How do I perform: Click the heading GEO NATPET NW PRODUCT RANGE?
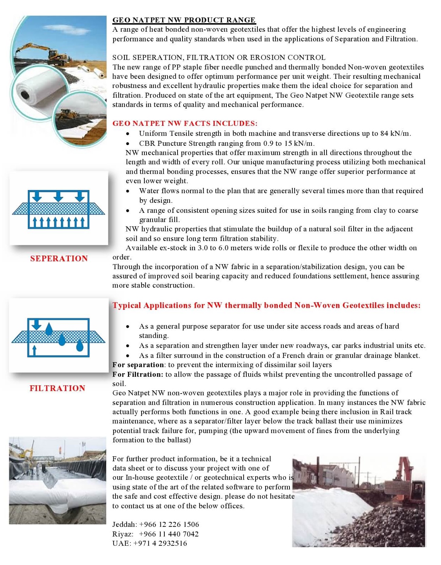point(184,20)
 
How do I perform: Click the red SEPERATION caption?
point(59,258)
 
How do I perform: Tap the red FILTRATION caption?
point(57,388)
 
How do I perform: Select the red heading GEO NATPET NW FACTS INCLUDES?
point(185,123)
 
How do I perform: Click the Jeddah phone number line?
point(155,524)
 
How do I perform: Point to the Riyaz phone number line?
point(155,534)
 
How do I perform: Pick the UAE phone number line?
point(150,543)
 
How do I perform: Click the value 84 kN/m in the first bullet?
point(395,133)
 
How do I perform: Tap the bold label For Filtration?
point(138,374)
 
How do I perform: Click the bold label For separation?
point(138,365)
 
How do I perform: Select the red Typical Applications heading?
point(266,305)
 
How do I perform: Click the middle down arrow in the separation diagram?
point(58,196)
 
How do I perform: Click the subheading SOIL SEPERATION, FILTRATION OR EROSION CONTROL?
point(219,57)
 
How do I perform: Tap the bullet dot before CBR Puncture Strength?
point(128,143)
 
